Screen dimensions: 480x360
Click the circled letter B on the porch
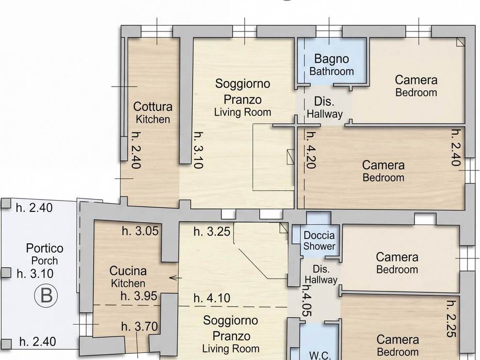pos(46,296)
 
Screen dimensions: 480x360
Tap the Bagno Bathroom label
pos(331,64)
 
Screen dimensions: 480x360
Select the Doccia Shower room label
pos(319,241)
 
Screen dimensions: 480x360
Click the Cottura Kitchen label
pos(153,112)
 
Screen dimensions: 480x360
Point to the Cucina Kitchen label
pos(128,277)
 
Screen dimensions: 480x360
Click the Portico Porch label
pos(45,254)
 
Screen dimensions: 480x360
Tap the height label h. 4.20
pos(311,150)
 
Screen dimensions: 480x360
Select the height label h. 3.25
pos(212,232)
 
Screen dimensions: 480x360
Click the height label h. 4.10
pos(212,298)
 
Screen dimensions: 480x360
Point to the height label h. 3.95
pos(139,296)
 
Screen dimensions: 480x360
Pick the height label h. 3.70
pos(139,326)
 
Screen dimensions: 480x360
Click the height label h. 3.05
pos(140,231)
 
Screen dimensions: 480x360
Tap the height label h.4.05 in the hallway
pos(307,301)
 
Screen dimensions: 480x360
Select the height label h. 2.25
pos(452,319)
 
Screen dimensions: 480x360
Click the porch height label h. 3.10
pos(35,273)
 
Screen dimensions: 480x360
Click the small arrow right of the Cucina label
pos(175,278)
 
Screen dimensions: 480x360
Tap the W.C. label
pos(320,355)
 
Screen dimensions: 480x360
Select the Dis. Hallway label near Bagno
pos(325,107)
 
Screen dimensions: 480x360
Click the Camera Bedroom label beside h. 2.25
pos(397,346)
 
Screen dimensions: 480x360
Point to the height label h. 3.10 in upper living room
pos(199,150)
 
